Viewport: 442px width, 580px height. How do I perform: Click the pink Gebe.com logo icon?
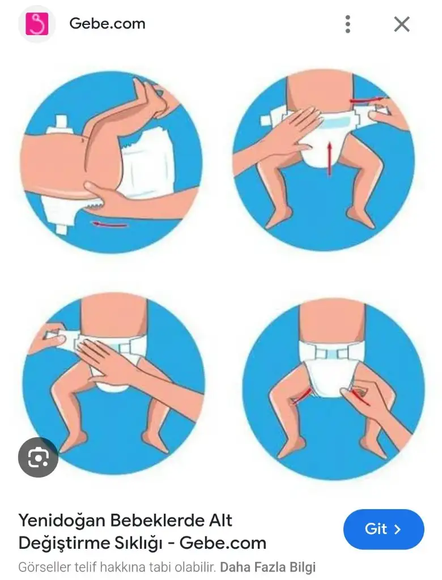37,24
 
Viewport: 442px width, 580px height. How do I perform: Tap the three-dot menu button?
347,24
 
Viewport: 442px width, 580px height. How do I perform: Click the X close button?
402,24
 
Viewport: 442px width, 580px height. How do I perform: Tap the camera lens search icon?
38,457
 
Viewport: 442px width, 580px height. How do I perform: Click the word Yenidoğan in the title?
62,521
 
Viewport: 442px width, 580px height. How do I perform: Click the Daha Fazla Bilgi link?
267,567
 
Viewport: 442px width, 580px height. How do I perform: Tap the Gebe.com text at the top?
107,24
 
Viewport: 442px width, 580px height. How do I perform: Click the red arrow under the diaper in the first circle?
110,224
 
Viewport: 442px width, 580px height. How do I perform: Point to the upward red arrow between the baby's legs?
329,160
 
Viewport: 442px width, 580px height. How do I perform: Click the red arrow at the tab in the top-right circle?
368,100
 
